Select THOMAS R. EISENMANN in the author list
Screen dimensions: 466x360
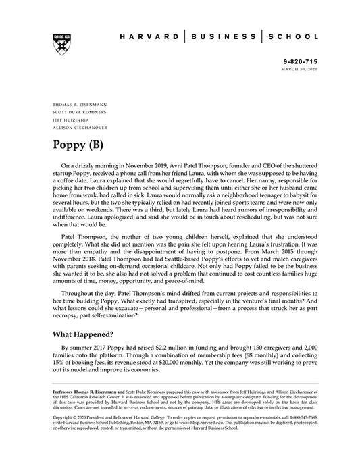[78, 105]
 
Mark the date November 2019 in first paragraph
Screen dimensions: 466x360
[156, 165]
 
